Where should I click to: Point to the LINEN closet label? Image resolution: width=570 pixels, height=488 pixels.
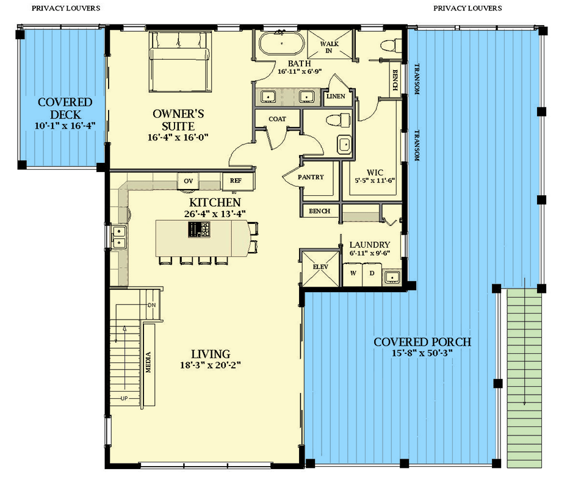pos(336,96)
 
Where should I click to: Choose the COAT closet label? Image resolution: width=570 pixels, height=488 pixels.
pos(278,119)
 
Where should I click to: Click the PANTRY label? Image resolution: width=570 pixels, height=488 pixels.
pos(311,177)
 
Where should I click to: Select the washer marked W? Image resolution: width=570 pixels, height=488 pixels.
pos(353,273)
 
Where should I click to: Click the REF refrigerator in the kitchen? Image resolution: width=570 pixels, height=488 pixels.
pos(236,181)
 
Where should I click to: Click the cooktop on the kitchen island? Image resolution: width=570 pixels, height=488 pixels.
pos(200,229)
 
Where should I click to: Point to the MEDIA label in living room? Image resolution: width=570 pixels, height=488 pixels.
pos(148,362)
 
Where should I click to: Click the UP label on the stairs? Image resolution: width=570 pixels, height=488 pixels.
pos(124,398)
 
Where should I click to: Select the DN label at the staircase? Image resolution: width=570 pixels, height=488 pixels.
pos(152,305)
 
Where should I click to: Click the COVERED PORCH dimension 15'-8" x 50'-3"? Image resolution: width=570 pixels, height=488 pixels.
pos(422,353)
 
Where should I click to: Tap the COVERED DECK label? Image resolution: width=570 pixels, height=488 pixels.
pos(65,109)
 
